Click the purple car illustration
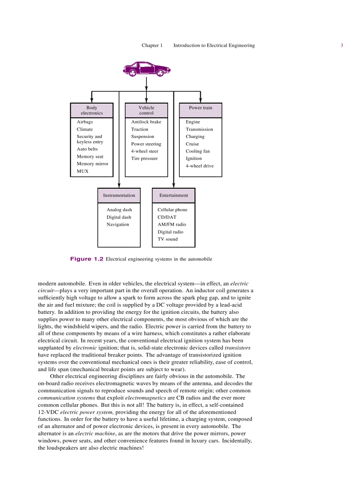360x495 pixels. pos(146,69)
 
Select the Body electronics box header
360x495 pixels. pos(92,110)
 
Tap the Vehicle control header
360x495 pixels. pos(146,110)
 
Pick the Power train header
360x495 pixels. pos(201,108)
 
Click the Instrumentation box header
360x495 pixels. pos(119,195)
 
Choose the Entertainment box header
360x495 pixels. pos(174,195)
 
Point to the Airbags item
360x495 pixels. pos(85,122)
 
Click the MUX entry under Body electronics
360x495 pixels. pos(82,171)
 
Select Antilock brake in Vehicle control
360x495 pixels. pos(146,122)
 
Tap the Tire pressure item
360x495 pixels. pos(144,158)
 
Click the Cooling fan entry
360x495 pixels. pos(198,151)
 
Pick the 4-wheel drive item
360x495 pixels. pos(199,166)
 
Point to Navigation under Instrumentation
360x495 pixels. pos(118,224)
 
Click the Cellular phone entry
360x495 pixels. pos(172,210)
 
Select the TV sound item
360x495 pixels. pos(168,239)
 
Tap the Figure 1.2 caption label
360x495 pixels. pos(86,259)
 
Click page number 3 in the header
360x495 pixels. pos(342,45)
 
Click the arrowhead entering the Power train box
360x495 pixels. pos(201,100)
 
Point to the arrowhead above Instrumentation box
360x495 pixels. pos(119,185)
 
